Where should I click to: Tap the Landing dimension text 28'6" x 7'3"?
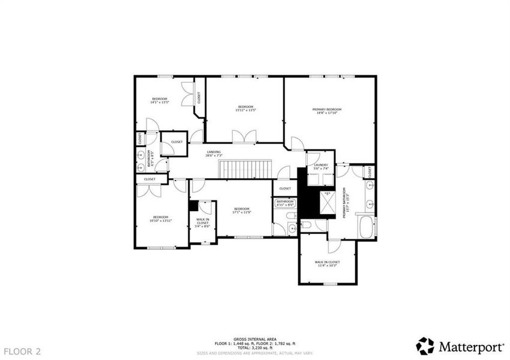coord(214,155)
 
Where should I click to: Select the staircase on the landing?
coord(244,169)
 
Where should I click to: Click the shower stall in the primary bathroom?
coord(328,204)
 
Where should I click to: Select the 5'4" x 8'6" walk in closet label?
coord(203,223)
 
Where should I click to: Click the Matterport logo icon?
coord(425,346)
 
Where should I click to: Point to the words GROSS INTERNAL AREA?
coord(255,338)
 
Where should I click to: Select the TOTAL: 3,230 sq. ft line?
coord(255,347)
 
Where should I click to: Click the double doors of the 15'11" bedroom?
coord(245,137)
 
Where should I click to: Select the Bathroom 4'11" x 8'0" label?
coord(285,203)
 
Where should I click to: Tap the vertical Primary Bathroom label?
coord(346,205)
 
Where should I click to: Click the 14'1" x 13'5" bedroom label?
coord(159,100)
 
